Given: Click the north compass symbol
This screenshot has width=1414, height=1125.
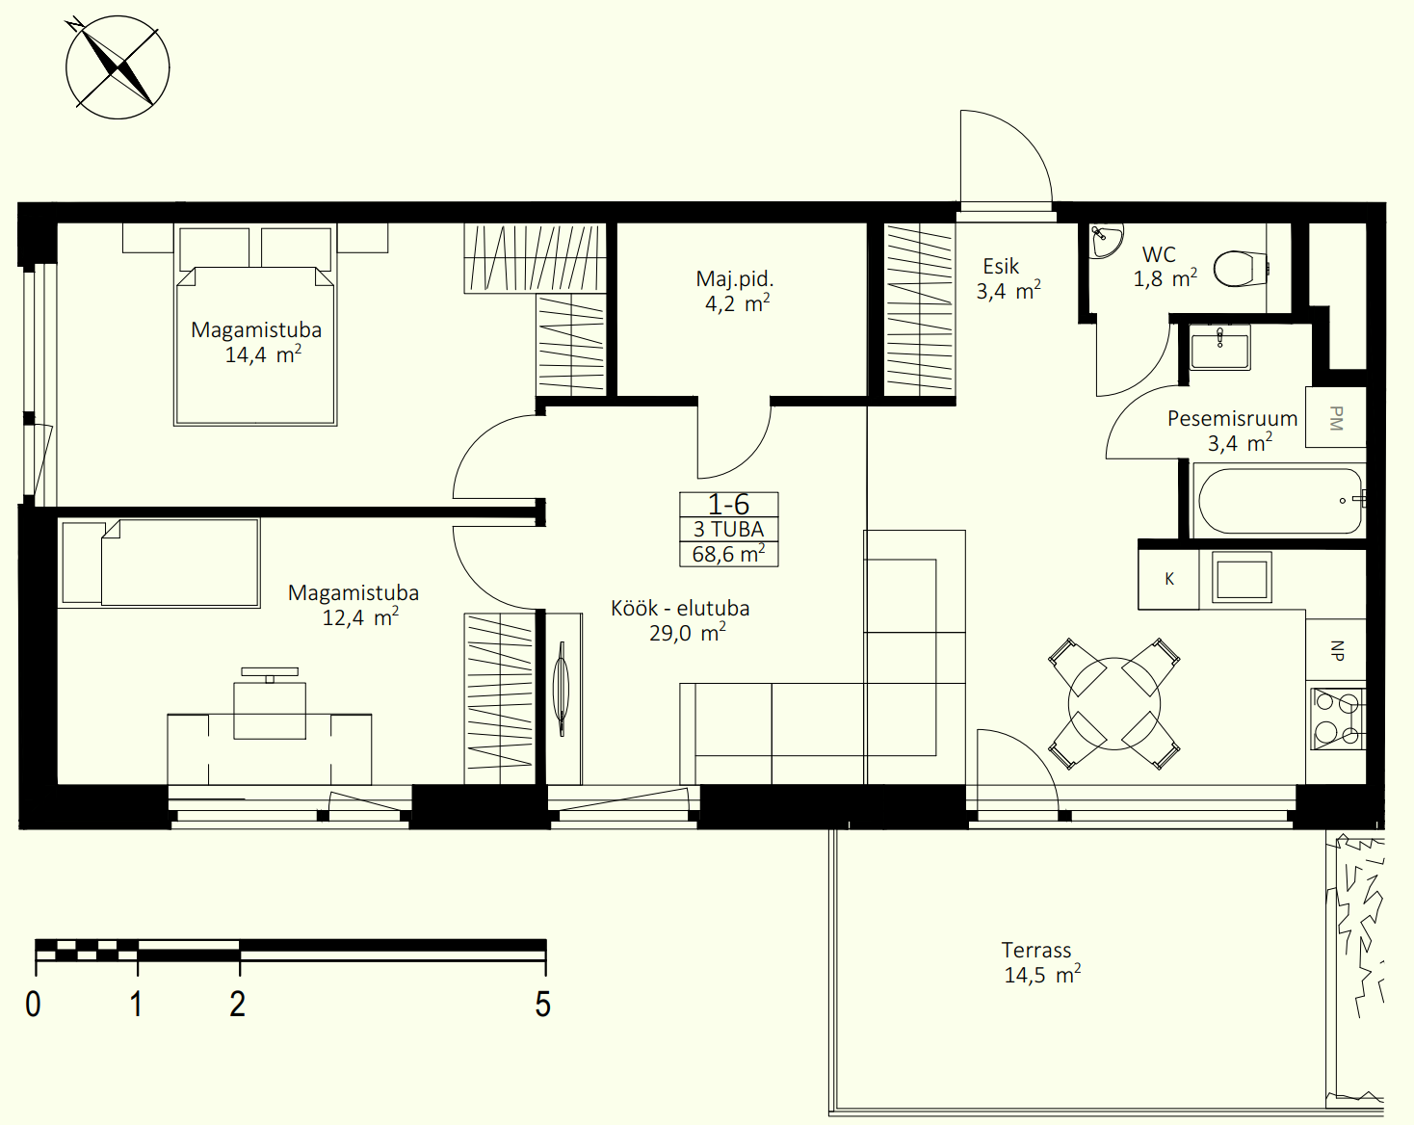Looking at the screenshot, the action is point(118,67).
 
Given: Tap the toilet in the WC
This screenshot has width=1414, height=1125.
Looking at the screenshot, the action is point(1241,269).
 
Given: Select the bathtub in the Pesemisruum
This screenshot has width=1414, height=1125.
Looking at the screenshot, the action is point(1279,500).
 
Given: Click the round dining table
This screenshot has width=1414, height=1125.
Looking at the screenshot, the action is point(1114,704).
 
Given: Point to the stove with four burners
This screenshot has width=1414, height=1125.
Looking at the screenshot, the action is point(1339,719).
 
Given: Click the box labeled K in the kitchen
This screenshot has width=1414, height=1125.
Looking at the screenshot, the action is point(1169,579).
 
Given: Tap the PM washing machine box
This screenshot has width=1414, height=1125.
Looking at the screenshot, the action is point(1336,417).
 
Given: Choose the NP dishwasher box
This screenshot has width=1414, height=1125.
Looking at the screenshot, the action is point(1336,649).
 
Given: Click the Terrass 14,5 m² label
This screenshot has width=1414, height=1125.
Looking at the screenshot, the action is point(1041,962).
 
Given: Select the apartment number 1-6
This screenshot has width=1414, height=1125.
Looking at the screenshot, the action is point(728,504).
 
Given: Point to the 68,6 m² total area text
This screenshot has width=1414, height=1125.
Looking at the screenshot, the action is point(729,554).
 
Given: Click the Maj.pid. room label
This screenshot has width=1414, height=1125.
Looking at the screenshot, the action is point(735,278).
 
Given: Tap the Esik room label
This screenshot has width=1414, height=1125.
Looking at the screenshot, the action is point(1001,266).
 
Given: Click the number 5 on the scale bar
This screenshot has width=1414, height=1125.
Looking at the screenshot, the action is point(542,1004).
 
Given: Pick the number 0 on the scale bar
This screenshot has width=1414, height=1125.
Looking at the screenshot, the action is point(33,1004).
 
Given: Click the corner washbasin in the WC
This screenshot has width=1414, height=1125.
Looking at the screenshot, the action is point(1104,241).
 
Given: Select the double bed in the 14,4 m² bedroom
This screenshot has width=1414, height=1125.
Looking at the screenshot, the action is point(255,325).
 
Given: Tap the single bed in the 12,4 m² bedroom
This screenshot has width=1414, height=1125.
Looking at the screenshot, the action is point(160,562).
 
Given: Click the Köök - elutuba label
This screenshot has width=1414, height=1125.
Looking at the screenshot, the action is point(680,608).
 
